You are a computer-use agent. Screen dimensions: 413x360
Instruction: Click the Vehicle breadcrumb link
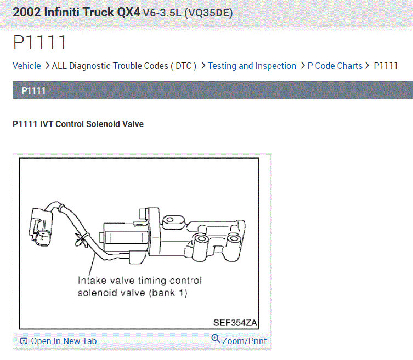point(27,66)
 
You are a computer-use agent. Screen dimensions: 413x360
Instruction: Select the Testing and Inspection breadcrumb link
point(252,66)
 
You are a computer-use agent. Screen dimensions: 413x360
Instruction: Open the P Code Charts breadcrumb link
point(335,66)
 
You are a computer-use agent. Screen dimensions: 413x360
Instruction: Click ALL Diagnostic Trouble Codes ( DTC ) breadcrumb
point(124,66)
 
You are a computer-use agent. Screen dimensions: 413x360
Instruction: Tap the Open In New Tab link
point(64,341)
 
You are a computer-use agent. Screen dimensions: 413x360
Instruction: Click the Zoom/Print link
point(245,341)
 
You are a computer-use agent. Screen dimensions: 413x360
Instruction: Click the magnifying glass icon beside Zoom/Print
point(216,339)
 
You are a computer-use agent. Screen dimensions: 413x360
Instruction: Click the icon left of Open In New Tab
point(24,341)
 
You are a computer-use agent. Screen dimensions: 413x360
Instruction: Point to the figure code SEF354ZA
point(235,323)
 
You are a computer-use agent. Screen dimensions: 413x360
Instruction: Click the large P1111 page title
point(39,42)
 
